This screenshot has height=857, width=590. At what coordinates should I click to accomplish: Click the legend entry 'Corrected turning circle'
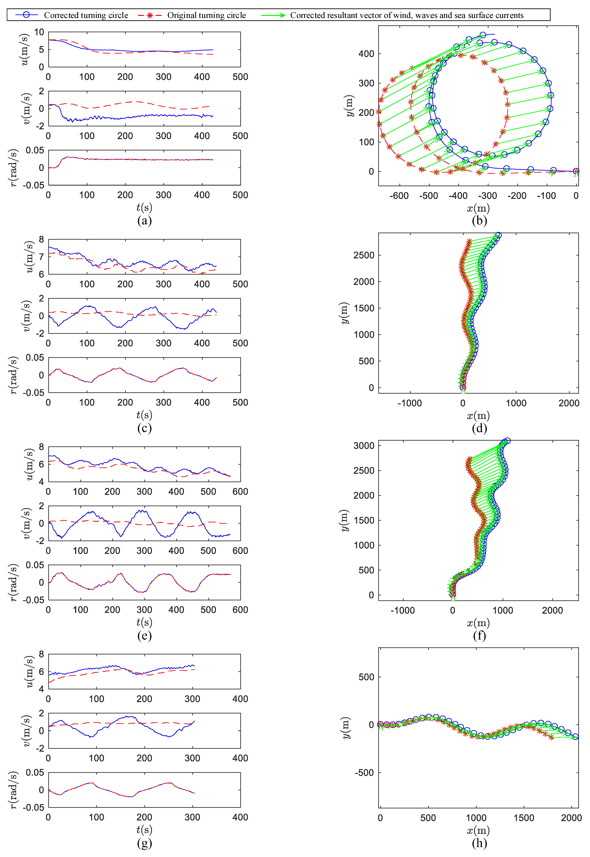86,15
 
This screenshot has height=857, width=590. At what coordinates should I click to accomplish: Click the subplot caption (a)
144,221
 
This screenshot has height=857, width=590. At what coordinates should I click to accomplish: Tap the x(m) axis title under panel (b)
478,208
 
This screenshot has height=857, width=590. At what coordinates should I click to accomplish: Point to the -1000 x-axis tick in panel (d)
410,403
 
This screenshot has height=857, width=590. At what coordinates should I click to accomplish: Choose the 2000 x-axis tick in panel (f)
552,610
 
